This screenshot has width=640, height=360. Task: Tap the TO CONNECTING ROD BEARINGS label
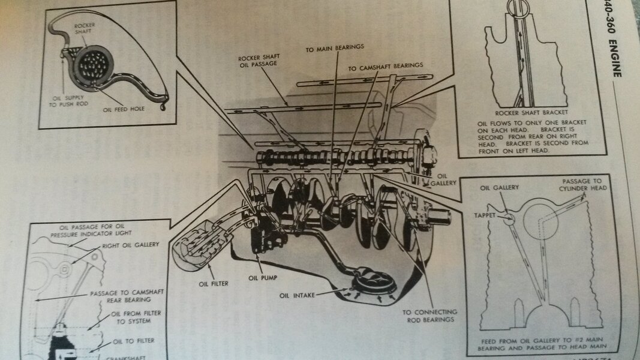coord(429,316)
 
